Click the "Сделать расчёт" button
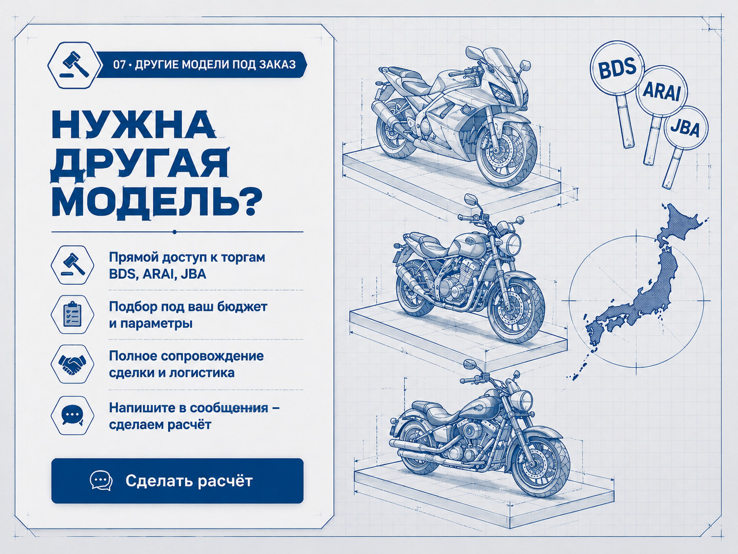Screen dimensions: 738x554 (x=177, y=481)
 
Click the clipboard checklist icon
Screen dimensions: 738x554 (x=72, y=315)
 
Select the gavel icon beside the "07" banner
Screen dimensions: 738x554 (x=74, y=65)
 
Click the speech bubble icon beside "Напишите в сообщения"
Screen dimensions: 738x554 (x=72, y=415)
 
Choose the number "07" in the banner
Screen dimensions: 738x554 (x=119, y=65)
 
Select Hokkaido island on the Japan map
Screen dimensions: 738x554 (x=683, y=220)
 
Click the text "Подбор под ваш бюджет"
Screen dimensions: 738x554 (x=188, y=307)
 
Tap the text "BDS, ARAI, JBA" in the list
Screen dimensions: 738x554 (x=157, y=274)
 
